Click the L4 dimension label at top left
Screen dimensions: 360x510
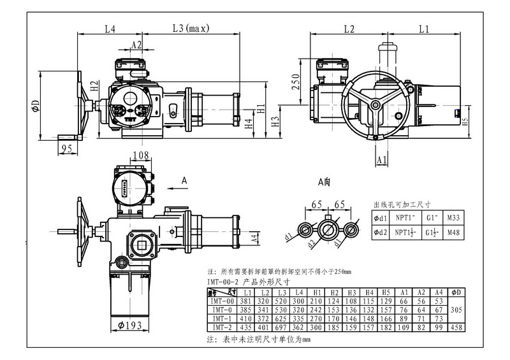click(x=109, y=29)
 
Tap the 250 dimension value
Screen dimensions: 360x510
click(x=296, y=81)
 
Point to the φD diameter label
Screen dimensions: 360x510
click(x=36, y=104)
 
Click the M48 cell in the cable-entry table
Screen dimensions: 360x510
click(x=453, y=233)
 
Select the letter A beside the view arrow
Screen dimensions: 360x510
click(x=184, y=181)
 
